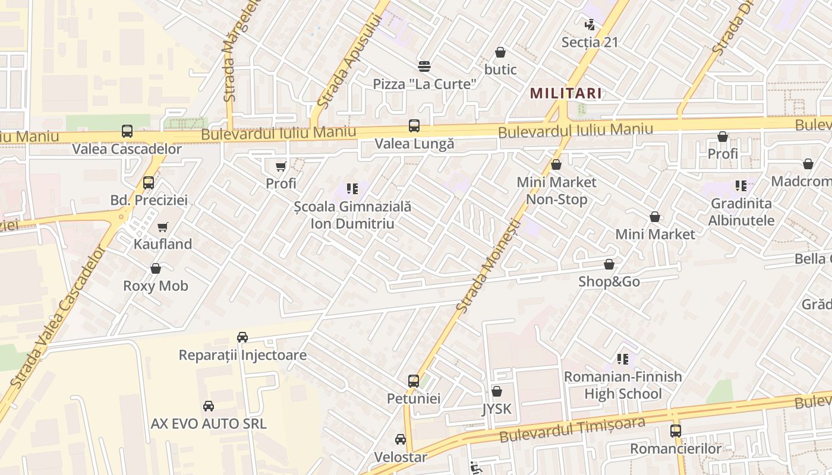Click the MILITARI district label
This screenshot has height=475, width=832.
566,93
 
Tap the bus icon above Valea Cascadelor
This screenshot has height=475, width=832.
127,131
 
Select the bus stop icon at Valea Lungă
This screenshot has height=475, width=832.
414,126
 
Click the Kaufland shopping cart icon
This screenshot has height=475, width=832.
162,227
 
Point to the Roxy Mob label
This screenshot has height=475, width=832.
156,286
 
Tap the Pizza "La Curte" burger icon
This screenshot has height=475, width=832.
424,66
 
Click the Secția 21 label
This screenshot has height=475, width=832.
590,42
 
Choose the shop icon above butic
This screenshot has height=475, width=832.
500,52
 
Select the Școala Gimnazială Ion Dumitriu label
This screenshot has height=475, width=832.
352,216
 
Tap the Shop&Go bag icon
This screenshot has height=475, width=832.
609,264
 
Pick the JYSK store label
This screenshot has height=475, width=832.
497,408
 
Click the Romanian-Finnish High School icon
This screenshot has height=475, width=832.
623,359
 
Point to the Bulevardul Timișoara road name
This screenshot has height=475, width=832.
572,430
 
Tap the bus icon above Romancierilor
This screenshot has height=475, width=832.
676,431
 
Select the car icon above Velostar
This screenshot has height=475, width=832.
401,439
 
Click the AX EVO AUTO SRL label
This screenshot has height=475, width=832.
208,424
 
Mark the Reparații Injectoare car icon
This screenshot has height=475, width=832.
242,337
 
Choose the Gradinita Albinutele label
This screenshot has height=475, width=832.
742,212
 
